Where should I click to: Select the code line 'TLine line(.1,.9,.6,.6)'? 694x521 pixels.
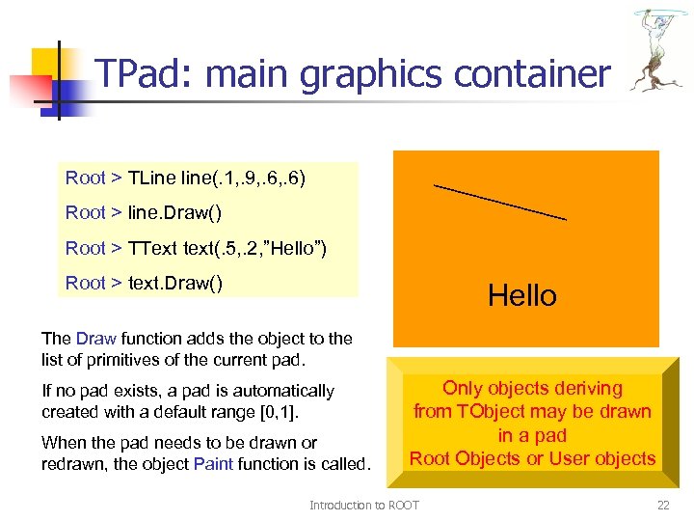point(185,178)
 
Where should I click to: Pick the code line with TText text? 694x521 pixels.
point(196,248)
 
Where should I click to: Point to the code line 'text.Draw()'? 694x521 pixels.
point(144,283)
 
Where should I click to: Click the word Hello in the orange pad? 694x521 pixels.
point(521,295)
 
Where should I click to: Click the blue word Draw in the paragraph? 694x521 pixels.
point(95,339)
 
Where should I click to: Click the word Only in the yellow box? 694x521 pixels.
point(461,389)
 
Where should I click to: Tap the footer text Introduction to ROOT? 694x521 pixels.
point(363,505)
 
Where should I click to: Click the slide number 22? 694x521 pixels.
point(662,505)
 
